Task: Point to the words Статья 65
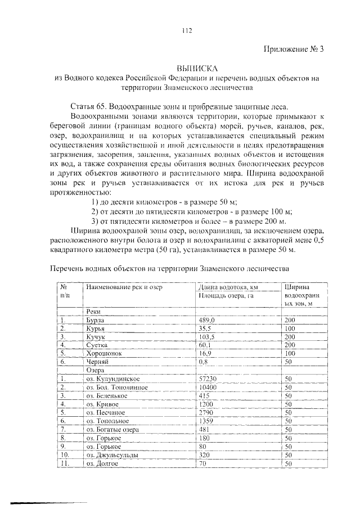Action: point(89,106)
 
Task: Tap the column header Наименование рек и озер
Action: point(124,287)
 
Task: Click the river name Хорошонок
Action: point(104,354)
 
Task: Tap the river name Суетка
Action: point(97,345)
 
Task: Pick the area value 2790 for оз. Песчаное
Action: point(208,413)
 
